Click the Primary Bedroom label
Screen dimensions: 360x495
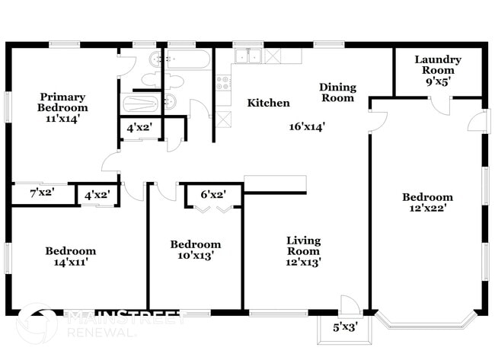[x=62, y=102]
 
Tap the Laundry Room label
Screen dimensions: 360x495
[x=437, y=65]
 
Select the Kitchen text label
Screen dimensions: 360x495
[x=268, y=103]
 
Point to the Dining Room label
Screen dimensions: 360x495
[x=337, y=92]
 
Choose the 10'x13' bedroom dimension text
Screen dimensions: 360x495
[x=195, y=256]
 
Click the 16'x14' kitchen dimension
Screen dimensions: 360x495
[x=307, y=127]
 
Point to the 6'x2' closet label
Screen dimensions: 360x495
[x=214, y=194]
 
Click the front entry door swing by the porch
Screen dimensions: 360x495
[x=350, y=304]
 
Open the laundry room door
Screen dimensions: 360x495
[x=440, y=106]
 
